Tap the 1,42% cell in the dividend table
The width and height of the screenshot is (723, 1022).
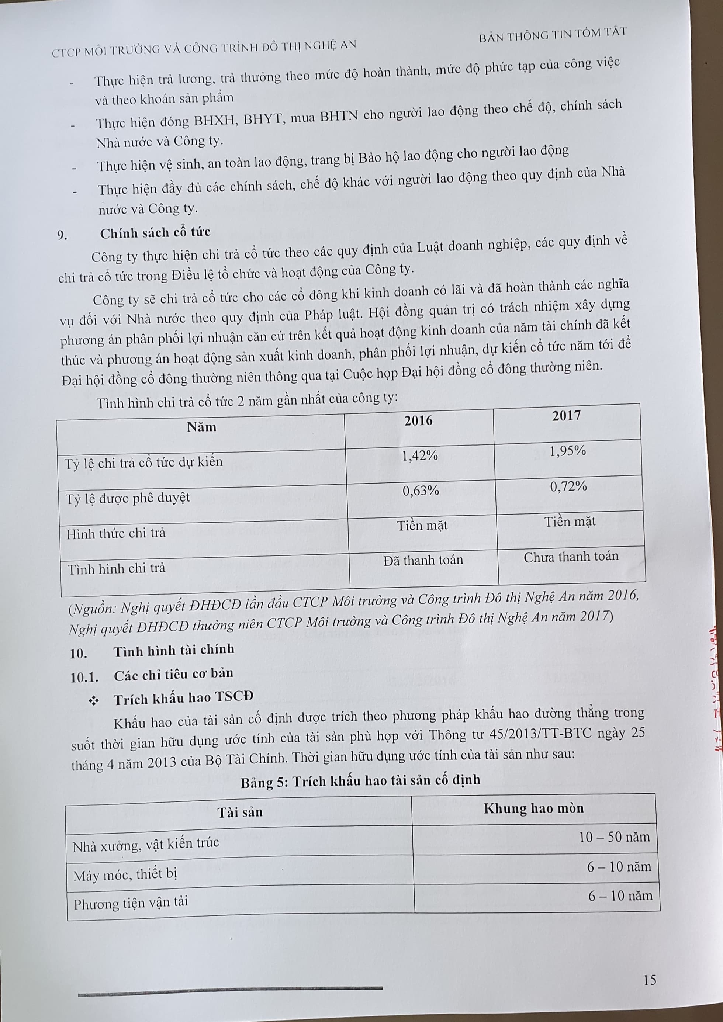[x=419, y=455]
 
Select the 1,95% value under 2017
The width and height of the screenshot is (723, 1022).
[x=568, y=451]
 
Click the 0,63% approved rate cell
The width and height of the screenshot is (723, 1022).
[x=421, y=491]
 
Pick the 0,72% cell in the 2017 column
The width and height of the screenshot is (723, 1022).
[x=568, y=486]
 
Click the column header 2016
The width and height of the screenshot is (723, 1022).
[x=418, y=421]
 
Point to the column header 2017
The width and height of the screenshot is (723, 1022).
[x=566, y=416]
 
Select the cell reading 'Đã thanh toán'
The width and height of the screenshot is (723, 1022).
[x=423, y=560]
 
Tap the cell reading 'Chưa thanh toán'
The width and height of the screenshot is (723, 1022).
[x=571, y=557]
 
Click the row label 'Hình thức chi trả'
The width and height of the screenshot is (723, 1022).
[x=116, y=533]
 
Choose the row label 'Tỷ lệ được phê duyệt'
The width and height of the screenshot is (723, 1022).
[x=128, y=498]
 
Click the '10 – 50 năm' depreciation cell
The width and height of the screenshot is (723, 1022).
[x=614, y=837]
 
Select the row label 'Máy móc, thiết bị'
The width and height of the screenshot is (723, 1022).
[x=125, y=874]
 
